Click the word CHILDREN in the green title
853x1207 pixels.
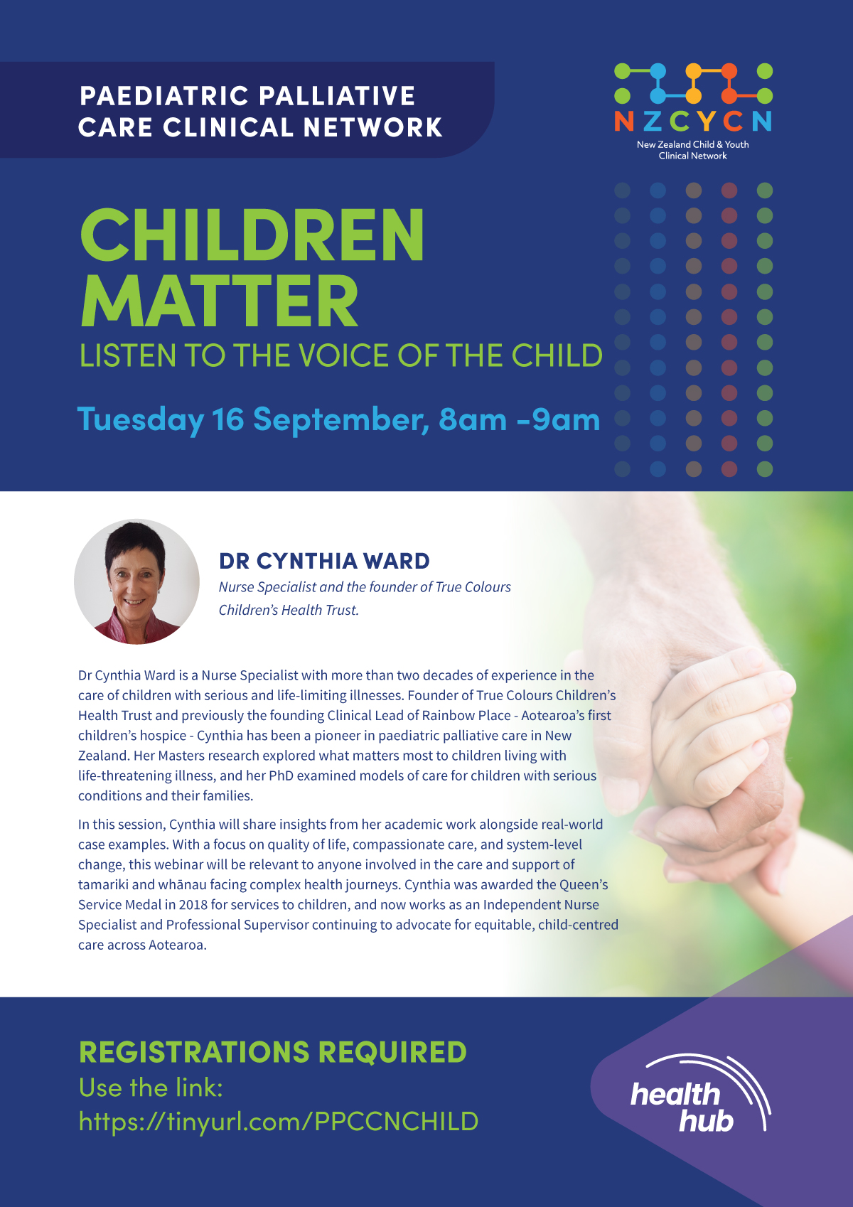coord(252,235)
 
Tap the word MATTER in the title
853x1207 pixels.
coord(220,301)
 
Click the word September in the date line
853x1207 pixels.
coord(341,420)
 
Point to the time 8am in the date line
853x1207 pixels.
coord(473,419)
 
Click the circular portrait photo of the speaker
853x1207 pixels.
coord(137,581)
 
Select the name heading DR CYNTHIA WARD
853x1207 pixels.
coord(324,561)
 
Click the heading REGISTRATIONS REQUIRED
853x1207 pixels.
coord(273,1051)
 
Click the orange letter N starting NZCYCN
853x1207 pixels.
coord(624,122)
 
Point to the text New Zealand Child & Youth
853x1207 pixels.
coord(692,144)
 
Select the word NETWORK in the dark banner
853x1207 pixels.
coord(373,127)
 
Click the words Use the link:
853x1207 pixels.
coord(151,1088)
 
